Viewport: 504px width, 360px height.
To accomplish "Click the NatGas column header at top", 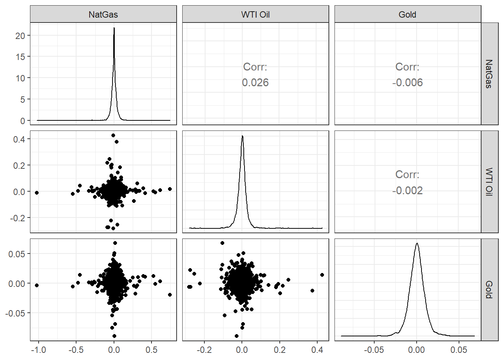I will click(103, 15).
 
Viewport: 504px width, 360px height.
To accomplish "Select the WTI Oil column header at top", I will click(255, 15).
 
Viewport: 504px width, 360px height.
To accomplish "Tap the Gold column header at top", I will click(407, 15).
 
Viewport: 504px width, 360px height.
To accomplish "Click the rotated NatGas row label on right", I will click(489, 74).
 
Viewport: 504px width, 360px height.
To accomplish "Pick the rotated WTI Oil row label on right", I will click(489, 182).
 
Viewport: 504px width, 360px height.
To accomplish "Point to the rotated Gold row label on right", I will click(489, 289).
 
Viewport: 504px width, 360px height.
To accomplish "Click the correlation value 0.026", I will click(255, 82).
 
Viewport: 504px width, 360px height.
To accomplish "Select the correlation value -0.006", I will click(407, 82).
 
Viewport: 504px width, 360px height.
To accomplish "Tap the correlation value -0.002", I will click(407, 190).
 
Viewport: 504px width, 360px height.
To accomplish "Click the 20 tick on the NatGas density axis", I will click(20, 36).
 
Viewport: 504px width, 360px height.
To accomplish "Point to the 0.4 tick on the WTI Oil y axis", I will click(19, 139).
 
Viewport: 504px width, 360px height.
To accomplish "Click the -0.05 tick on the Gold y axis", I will click(15, 313).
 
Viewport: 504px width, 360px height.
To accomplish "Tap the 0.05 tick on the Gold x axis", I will click(459, 350).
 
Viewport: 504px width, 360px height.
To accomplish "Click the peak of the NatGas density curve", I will click(114, 28).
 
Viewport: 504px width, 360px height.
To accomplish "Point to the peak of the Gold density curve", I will click(417, 243).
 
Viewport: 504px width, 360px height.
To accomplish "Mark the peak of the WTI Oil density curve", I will click(243, 136).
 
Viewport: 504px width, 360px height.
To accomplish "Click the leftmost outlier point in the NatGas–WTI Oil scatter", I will click(37, 193).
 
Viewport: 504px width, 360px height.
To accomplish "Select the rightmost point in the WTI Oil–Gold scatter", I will click(322, 275).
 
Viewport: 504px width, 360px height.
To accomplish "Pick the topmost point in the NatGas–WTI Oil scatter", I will click(113, 135).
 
